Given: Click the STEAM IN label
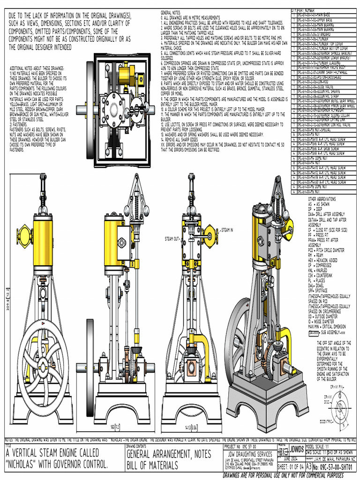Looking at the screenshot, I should [x=227, y=230].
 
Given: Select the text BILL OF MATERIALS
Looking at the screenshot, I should [x=152, y=465].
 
